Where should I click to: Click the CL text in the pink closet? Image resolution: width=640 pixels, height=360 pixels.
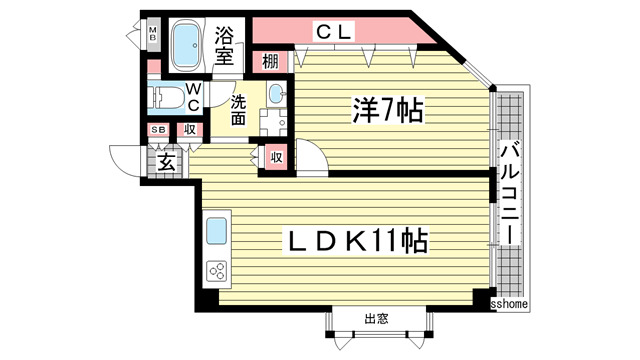click(335, 32)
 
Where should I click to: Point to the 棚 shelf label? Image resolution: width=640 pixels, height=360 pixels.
click(271, 62)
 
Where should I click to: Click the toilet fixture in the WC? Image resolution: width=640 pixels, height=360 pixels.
click(171, 99)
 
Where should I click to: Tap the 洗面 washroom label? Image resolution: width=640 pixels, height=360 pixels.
click(240, 109)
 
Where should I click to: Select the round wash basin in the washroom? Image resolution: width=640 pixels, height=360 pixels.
click(276, 95)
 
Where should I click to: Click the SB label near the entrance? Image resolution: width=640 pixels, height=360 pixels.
click(158, 130)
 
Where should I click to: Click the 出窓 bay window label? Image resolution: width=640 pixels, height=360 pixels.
click(376, 319)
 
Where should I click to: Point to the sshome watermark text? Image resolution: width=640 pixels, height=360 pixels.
click(510, 303)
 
